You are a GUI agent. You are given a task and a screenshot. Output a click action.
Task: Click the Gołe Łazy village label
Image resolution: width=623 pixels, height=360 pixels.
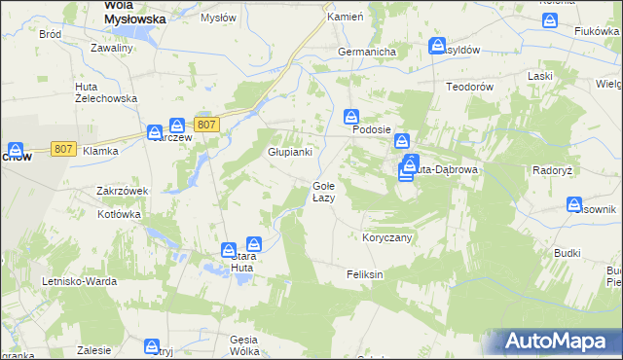(x=323, y=192)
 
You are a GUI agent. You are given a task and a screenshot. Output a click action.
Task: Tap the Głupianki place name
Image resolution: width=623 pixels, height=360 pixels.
(x=290, y=152)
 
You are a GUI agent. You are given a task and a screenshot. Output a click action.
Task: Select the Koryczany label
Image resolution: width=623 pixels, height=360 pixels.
(x=387, y=237)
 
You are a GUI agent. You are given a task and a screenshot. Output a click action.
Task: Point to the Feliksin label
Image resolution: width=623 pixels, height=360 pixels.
(x=365, y=275)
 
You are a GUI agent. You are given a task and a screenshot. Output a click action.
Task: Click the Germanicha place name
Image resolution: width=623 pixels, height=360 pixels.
(x=365, y=52)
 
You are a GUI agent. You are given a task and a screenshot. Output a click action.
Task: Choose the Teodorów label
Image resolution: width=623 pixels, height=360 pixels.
(x=471, y=86)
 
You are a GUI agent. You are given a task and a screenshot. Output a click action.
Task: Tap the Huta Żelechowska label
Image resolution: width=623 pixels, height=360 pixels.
(x=106, y=92)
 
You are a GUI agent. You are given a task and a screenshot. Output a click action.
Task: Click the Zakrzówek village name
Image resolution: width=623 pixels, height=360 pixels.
(x=122, y=192)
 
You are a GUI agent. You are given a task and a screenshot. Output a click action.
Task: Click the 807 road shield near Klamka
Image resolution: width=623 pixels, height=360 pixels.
(x=63, y=149)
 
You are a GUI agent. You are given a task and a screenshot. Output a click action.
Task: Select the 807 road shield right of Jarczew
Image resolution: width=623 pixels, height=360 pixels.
(x=205, y=125)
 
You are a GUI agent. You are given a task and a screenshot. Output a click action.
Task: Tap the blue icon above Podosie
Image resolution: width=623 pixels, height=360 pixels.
(x=351, y=116)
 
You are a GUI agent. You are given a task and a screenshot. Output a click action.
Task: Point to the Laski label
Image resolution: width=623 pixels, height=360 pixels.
(x=539, y=76)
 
